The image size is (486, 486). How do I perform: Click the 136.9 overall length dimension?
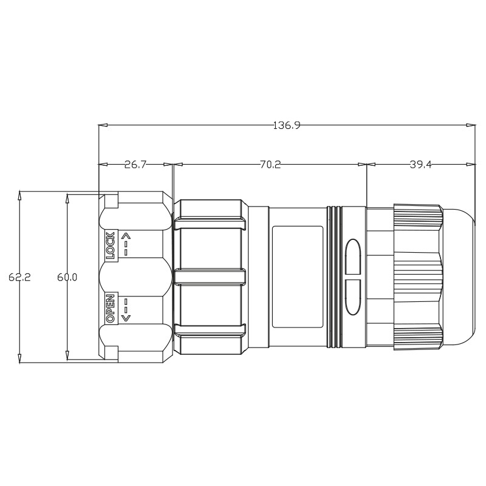tap(287, 126)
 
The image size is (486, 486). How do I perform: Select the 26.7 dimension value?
tap(135, 165)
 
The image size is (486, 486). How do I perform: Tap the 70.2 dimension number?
tap(270, 165)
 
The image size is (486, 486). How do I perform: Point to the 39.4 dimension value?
tap(420, 165)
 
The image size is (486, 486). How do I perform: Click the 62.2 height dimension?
tap(19, 277)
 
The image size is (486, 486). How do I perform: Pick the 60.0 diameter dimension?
tap(67, 277)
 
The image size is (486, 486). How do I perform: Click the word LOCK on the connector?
tap(111, 245)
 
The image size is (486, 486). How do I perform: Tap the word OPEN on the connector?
tap(111, 309)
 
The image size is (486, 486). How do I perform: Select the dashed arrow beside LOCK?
tap(126, 245)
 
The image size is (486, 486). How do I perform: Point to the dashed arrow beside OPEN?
tap(126, 309)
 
